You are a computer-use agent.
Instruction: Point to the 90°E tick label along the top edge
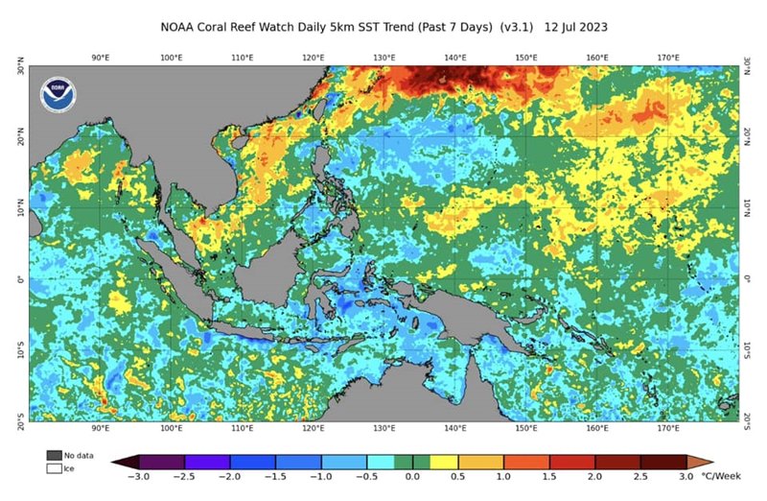(x=101, y=59)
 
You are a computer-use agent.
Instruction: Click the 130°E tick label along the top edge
(x=384, y=59)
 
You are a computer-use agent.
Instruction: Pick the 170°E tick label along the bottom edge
(x=668, y=428)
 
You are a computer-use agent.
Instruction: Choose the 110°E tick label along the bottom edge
(x=243, y=428)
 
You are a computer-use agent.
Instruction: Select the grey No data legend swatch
(x=55, y=455)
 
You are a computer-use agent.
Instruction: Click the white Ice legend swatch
(x=55, y=468)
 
